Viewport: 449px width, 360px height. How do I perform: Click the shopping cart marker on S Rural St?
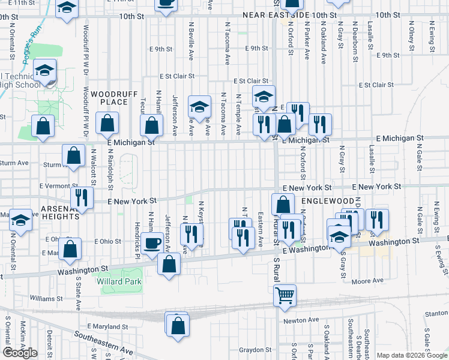[x=285, y=295]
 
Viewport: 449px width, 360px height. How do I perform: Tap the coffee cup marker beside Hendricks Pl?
[x=153, y=243]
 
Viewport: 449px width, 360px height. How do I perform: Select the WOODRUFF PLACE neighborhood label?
[x=109, y=98]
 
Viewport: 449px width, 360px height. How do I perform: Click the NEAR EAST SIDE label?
[x=276, y=14]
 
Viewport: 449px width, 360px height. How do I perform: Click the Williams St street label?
[x=46, y=298]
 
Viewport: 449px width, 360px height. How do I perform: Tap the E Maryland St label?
[x=107, y=326]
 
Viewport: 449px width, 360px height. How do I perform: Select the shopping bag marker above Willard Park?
[x=169, y=264]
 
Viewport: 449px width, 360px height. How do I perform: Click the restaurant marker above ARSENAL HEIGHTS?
[x=82, y=197]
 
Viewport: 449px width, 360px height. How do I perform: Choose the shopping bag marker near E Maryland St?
[x=178, y=326]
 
